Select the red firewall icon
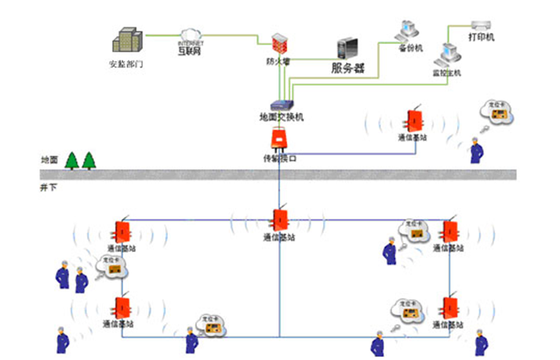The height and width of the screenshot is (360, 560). point(278,43)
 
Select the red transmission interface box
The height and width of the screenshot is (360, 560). point(279,140)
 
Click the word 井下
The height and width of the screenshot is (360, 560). point(49,188)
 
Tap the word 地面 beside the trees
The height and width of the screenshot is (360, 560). point(49,160)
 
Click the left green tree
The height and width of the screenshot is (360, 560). point(72,160)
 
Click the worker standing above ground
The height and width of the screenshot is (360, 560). point(475,151)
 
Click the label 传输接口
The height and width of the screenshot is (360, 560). point(280,158)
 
